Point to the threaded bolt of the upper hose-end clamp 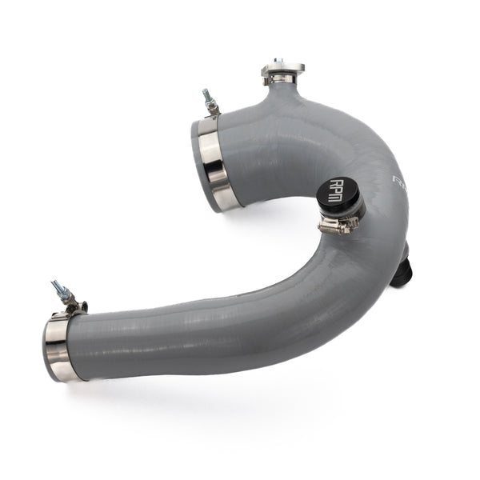coord(206,95)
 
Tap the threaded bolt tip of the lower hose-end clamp coord(56,284)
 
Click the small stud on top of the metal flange coord(278,61)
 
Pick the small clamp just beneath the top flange coord(279,80)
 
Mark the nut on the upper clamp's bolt coord(212,106)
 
